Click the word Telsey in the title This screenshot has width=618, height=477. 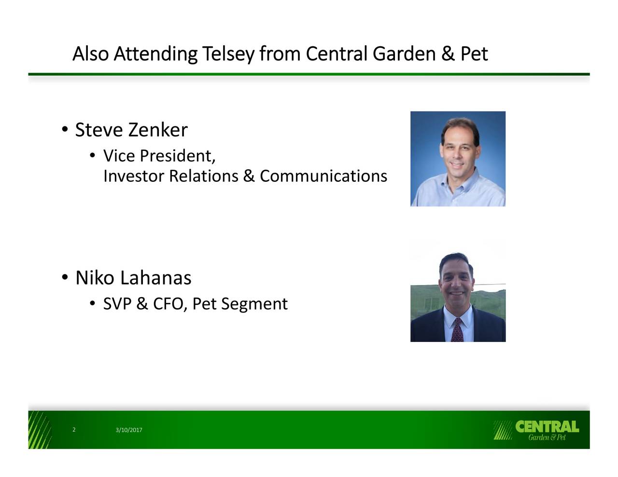[x=228, y=54]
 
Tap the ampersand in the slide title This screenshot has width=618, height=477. [x=448, y=54]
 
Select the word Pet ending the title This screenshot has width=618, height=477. [x=474, y=54]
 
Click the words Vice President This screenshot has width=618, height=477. [x=159, y=156]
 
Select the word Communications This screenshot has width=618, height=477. [x=323, y=176]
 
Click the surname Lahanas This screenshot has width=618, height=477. [x=155, y=277]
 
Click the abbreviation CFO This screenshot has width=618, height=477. [x=169, y=303]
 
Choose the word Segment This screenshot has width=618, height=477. [x=254, y=304]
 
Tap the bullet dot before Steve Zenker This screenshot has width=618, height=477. [x=65, y=130]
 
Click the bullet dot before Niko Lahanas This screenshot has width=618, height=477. [x=65, y=277]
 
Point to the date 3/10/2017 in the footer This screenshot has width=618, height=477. [x=129, y=430]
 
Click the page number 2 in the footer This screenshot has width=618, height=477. [x=74, y=430]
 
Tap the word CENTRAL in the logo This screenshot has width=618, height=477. [x=547, y=426]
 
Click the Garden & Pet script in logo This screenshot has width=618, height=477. [x=547, y=437]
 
